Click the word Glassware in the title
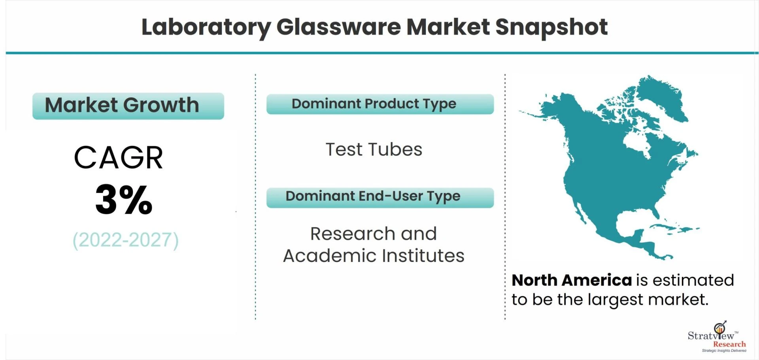click(x=338, y=27)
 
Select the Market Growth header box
click(x=128, y=106)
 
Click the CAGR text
click(x=118, y=157)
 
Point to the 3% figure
click(x=124, y=199)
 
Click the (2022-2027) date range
click(x=126, y=240)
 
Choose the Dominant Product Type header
click(x=380, y=104)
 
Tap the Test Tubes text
click(x=374, y=150)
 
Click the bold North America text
click(x=572, y=280)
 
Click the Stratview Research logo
click(x=717, y=337)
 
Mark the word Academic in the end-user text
click(x=330, y=256)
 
